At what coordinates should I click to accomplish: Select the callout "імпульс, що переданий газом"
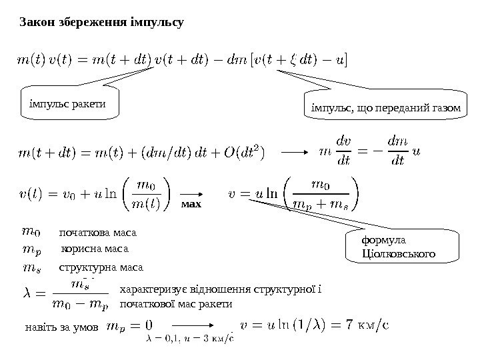pos(386,107)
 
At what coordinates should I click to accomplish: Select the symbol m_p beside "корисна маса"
pos(32,249)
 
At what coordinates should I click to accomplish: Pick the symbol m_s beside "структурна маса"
pos(31,267)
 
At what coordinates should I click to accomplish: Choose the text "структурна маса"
pos(101,267)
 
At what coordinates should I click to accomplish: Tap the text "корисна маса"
pos(93,249)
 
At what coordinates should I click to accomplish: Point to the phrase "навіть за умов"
pos(61,327)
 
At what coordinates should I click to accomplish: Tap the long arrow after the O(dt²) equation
pos(293,152)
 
